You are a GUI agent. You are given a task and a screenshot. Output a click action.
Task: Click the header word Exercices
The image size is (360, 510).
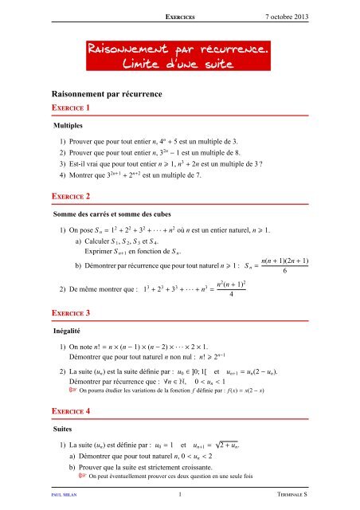coord(180,16)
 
